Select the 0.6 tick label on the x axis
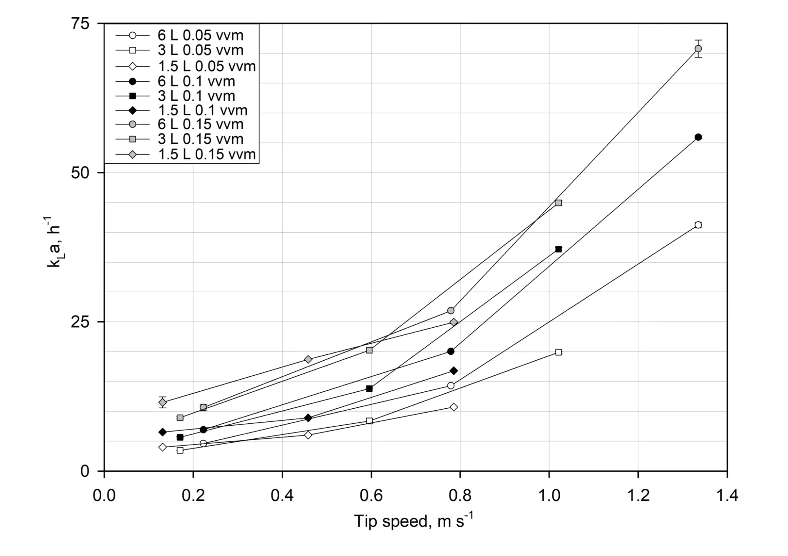pos(371,495)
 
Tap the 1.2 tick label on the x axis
pos(638,495)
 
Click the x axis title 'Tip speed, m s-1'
pos(413,521)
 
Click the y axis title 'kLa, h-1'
pos(54,242)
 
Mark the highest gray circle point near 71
pos(698,49)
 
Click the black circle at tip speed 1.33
pos(698,137)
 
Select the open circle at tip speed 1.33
pos(698,225)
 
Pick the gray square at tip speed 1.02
pos(558,203)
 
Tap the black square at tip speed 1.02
pos(558,249)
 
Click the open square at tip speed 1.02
pos(558,352)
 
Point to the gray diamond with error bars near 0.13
pos(162,402)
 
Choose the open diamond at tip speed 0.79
pos(453,407)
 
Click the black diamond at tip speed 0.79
pos(453,371)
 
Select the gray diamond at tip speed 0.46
pos(308,360)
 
